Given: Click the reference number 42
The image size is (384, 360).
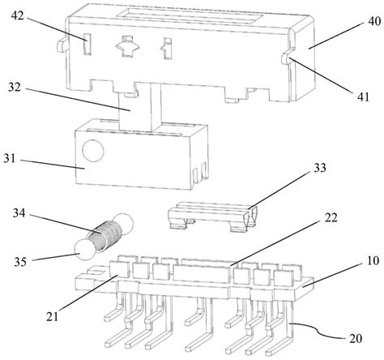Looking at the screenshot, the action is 18,16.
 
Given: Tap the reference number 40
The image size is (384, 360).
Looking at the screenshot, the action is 374,21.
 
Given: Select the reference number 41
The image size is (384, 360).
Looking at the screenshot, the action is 363,96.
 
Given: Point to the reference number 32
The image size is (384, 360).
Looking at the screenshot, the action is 15,87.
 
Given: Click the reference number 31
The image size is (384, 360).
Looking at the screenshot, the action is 10,158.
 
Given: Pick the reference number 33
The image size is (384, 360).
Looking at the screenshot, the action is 320,168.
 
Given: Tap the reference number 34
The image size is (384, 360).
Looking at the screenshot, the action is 19,213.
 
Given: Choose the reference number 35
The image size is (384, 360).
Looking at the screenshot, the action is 20,262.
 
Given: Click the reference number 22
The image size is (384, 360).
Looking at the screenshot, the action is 331,217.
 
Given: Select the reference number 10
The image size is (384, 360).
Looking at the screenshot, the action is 373,260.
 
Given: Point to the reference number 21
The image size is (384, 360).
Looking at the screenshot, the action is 53,316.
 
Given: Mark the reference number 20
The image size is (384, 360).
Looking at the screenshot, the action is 356,338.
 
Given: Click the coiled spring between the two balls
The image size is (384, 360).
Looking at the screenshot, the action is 105,235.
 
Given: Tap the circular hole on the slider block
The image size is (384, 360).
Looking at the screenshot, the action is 93,151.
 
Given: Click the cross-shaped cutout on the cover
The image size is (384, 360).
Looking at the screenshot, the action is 127,46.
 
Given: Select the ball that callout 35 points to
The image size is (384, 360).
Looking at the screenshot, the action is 84,251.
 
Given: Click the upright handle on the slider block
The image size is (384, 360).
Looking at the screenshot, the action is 140,107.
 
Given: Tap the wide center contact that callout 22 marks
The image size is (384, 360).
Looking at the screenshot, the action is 203,272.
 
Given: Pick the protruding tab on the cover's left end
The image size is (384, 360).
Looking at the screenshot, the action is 62,45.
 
